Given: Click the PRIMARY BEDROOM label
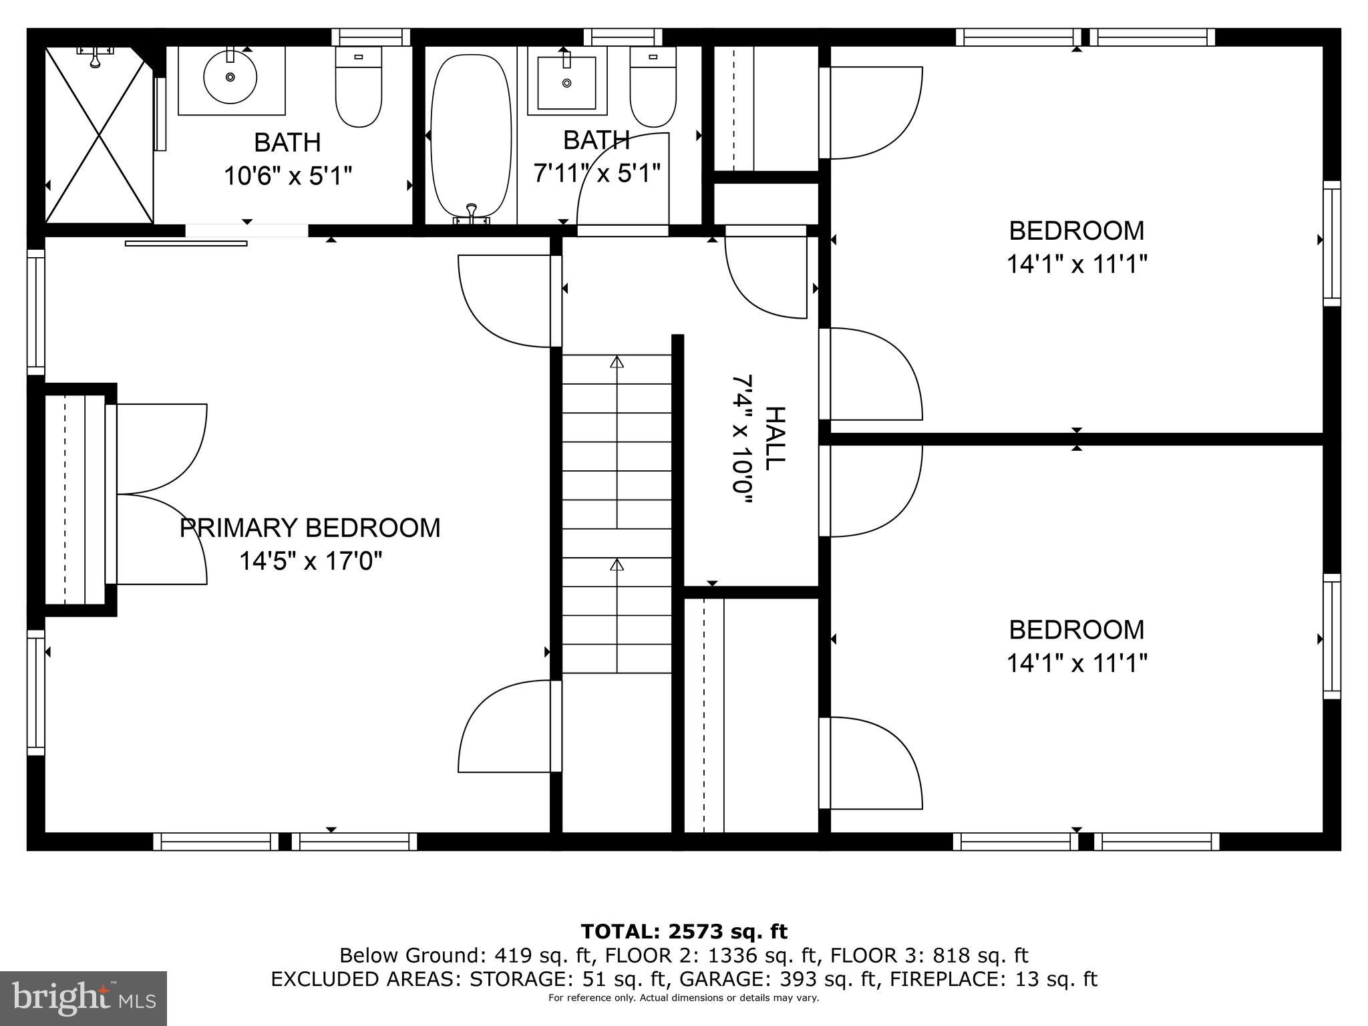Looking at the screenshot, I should pos(310,528).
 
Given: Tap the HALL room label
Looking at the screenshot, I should pos(774,438).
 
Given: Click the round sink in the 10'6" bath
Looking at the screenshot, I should pos(230,77).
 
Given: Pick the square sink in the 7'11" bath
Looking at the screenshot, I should pos(567,83).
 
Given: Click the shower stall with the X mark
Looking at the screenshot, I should pos(99,134).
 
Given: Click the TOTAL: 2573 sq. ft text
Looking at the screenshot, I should pos(684,932).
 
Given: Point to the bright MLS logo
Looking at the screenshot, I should pos(83,998).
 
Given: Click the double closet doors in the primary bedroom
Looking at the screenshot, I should pos(160,494).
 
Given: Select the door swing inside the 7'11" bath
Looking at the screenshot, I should pos(621,184).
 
